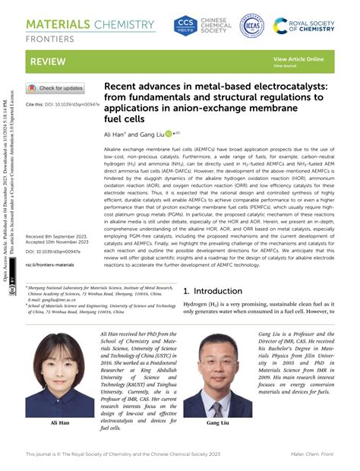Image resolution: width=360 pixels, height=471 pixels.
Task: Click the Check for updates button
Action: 55,88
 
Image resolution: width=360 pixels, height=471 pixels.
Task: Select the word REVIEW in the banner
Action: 47,60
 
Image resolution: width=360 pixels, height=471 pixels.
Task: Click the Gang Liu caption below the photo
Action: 219,422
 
